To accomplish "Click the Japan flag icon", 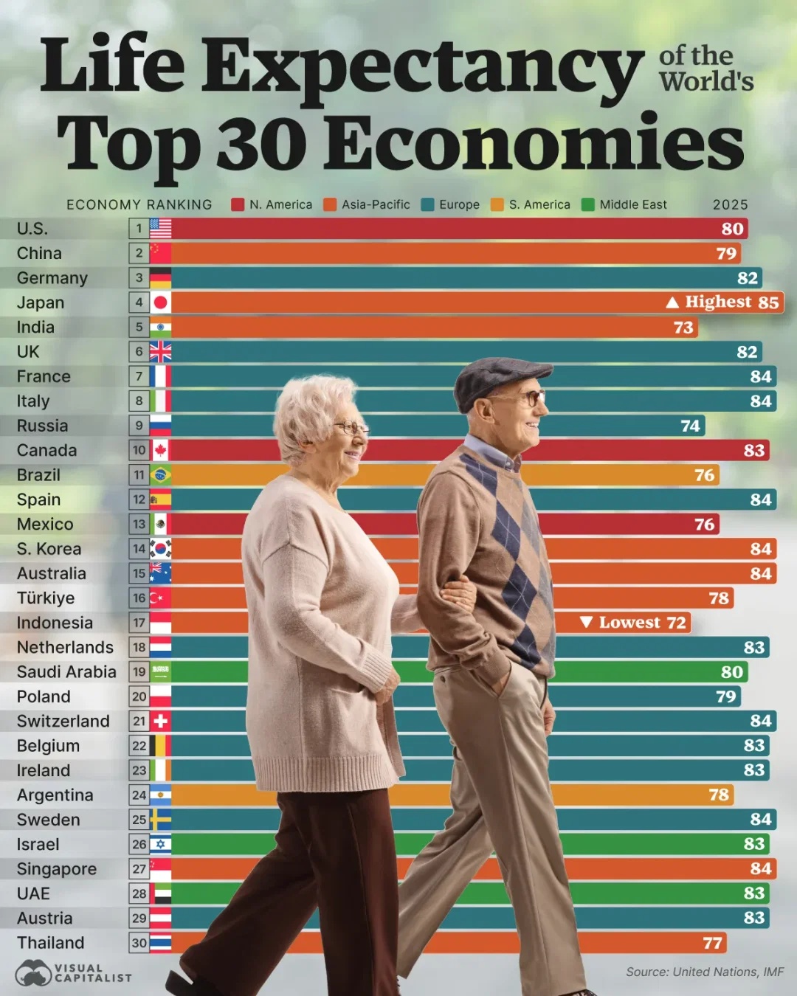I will pos(160,302).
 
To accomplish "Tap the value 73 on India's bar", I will pos(683,328).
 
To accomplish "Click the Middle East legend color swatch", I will pos(588,205).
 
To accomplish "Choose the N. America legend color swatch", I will pos(238,205).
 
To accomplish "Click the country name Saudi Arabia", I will pos(66,672).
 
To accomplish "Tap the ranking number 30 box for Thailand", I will pos(139,943).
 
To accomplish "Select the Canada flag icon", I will pos(160,450).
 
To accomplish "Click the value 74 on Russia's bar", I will pos(690,426).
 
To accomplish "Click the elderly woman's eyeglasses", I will pos(351,427).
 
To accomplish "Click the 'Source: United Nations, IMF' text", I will pos(705,972).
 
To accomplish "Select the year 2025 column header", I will pos(730,205).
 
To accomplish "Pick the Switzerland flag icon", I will pos(160,721).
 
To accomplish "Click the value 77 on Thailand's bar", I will pos(712,943).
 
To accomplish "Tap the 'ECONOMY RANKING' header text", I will pos(139,205).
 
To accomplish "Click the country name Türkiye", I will pos(46,598).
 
